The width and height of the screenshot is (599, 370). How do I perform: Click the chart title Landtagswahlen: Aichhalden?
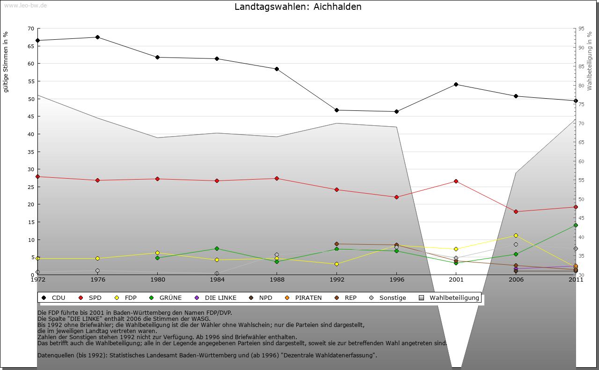[x=298, y=7]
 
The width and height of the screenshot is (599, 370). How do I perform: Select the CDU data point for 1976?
[x=97, y=37]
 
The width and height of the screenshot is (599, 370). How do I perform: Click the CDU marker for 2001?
[x=456, y=84]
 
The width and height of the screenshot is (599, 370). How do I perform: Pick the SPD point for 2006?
[x=516, y=211]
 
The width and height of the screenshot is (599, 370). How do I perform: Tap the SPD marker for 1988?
[x=277, y=178]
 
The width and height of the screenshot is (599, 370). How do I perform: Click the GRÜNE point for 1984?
[x=217, y=248]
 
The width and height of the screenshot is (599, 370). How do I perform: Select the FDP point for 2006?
[x=516, y=235]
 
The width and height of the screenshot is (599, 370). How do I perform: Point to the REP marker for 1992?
[x=336, y=244]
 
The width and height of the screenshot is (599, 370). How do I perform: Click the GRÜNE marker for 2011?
[x=576, y=225]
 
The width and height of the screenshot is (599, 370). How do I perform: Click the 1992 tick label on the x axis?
[x=336, y=280]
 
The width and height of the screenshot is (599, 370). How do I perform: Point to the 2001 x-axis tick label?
[x=456, y=280]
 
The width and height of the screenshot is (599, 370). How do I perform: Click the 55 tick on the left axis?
[x=31, y=81]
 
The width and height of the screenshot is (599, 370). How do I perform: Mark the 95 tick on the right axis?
[x=581, y=29]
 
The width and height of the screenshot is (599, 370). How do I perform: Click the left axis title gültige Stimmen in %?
[x=6, y=62]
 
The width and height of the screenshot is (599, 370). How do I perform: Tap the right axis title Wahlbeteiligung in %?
[x=590, y=61]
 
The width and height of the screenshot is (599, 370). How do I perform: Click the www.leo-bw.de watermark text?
[x=25, y=5]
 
